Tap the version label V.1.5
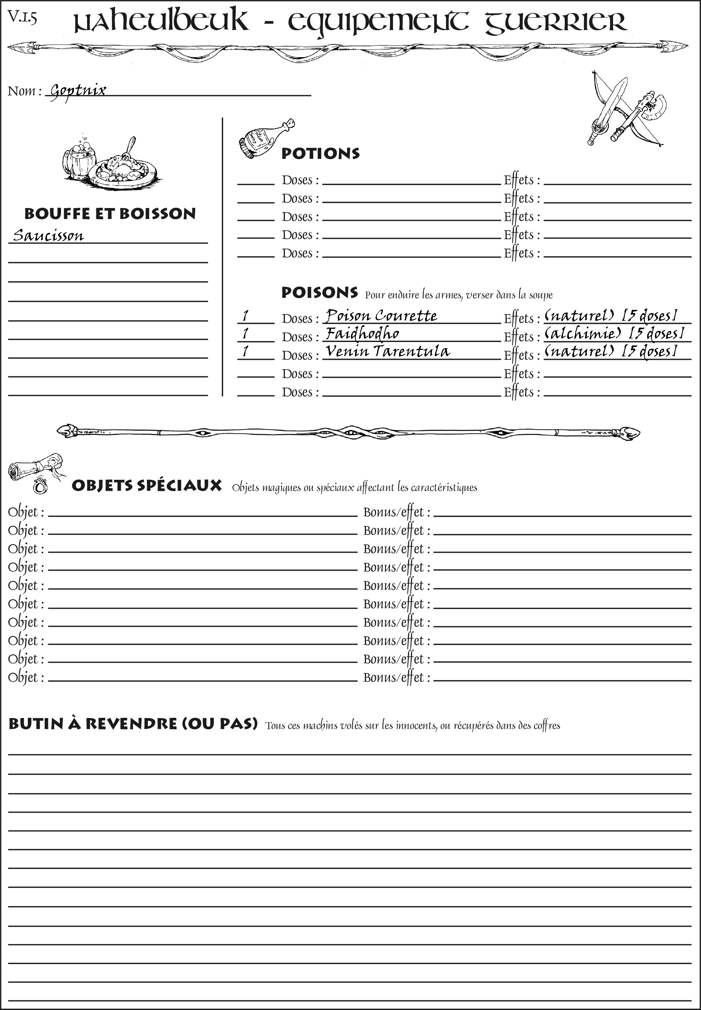point(22,17)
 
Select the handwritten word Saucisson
point(48,236)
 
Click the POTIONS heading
point(320,154)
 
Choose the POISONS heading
point(319,293)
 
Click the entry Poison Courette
point(381,316)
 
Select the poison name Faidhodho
point(362,334)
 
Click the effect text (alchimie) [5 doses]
point(614,334)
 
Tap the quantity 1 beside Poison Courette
point(246,316)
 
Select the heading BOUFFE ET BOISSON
point(110,214)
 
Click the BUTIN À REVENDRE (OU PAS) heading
point(133,723)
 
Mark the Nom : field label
point(24,91)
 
